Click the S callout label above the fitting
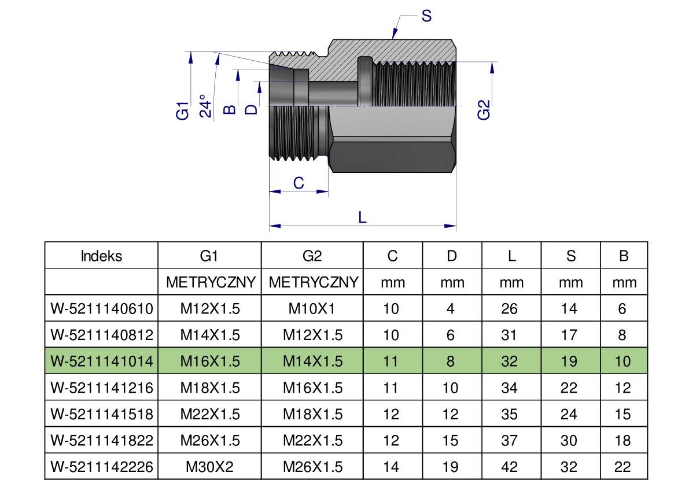(426, 16)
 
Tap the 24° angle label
(205, 106)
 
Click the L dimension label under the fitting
(363, 217)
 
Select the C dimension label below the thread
(299, 183)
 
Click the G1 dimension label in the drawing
(183, 110)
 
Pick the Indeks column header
(101, 256)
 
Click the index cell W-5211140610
(102, 308)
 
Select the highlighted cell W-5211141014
(102, 361)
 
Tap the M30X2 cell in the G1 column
(209, 466)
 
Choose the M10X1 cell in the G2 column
(312, 308)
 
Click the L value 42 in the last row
(510, 466)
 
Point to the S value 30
(569, 440)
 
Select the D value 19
(450, 466)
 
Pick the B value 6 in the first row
(622, 308)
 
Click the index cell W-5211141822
(102, 440)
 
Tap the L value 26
(510, 308)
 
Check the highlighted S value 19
(569, 361)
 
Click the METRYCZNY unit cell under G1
(211, 282)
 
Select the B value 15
(622, 414)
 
